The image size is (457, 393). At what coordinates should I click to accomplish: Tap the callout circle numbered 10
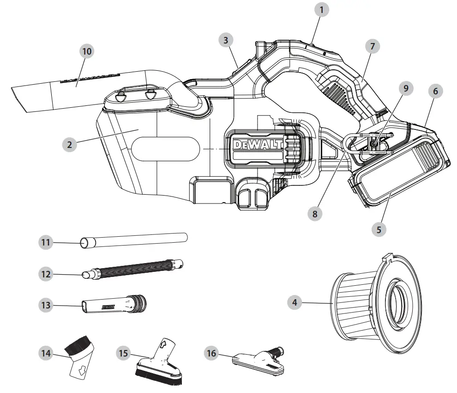click(x=86, y=52)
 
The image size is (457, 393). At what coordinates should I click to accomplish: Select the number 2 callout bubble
click(x=70, y=145)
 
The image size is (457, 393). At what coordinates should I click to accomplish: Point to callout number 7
click(x=373, y=46)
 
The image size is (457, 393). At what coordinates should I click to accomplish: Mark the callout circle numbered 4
click(x=294, y=303)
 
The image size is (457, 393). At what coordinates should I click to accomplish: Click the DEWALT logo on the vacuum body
click(x=258, y=145)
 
